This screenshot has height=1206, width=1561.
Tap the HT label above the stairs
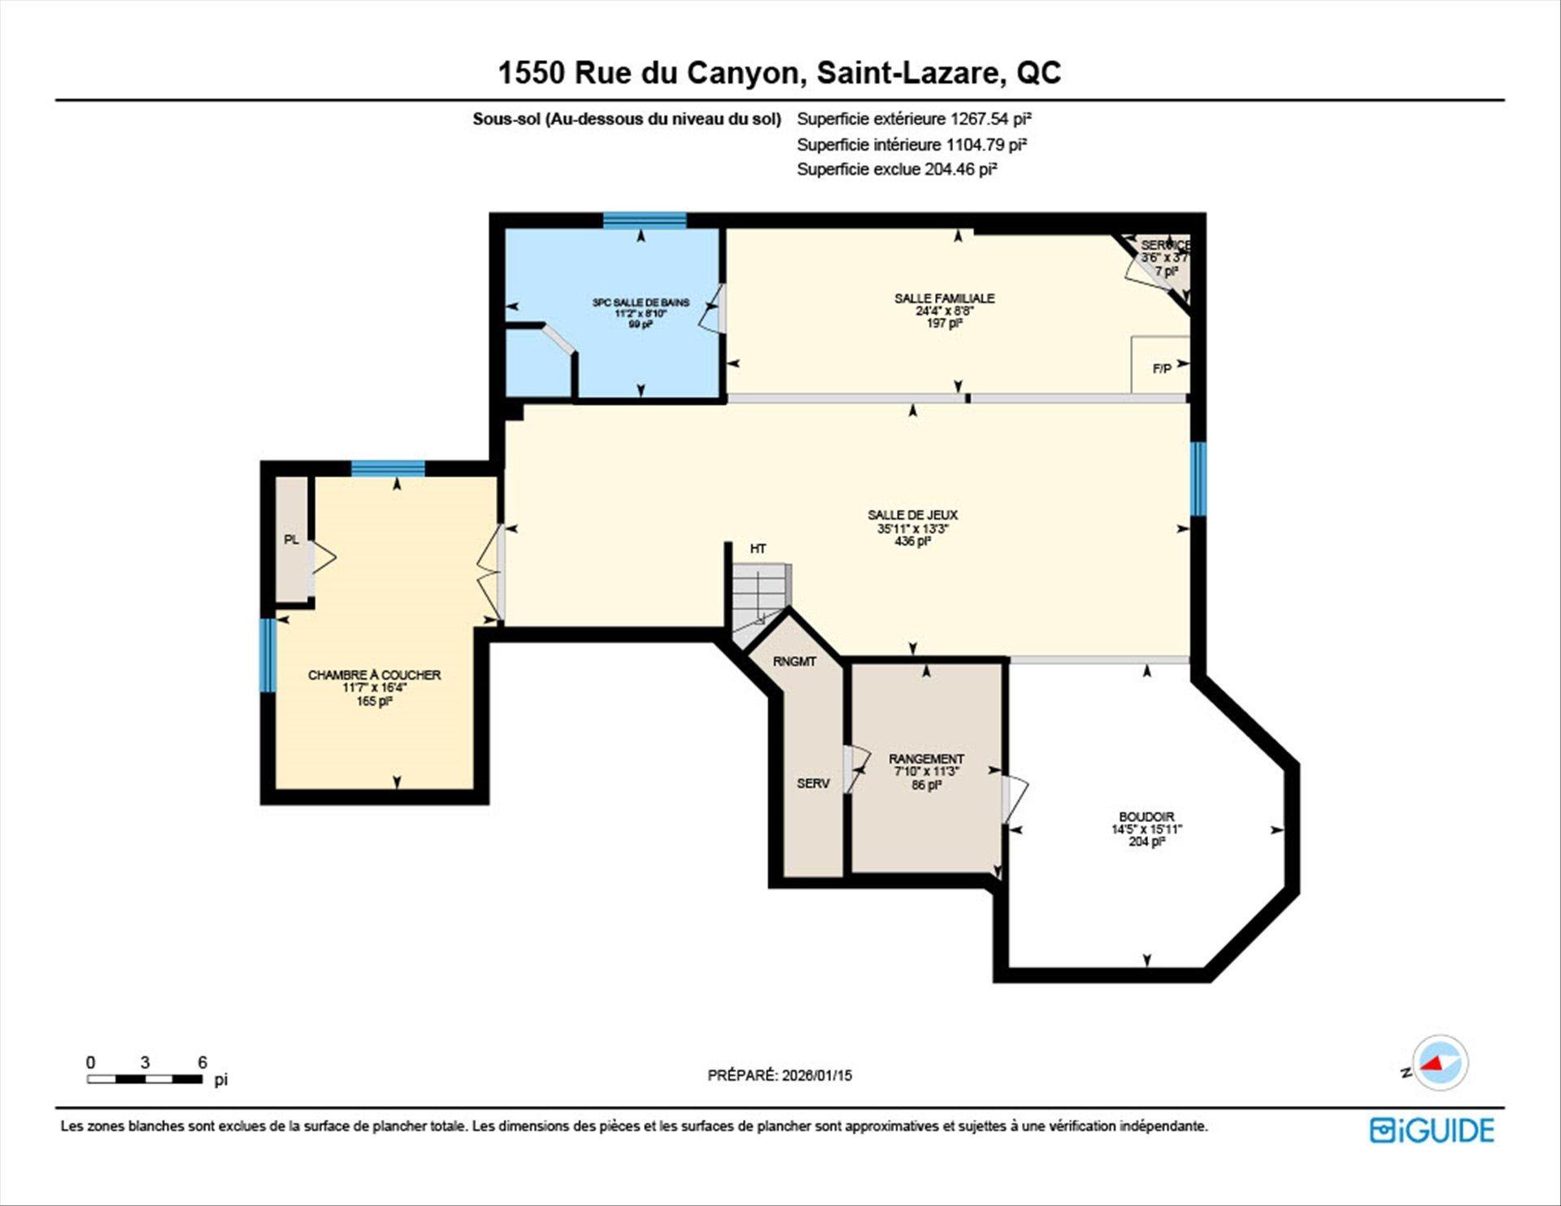[758, 549]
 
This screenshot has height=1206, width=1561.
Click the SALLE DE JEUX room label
[912, 515]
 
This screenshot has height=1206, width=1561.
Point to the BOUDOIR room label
[1146, 816]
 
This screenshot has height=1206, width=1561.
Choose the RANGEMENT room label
[926, 759]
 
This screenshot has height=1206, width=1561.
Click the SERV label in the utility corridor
[813, 784]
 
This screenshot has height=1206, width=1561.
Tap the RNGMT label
[794, 662]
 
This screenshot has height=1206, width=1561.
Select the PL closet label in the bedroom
[291, 539]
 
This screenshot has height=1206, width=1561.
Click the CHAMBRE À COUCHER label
[374, 675]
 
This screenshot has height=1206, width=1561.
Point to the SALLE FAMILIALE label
[945, 298]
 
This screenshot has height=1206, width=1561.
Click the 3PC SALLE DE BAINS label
[641, 303]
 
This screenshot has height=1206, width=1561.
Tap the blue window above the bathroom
[645, 220]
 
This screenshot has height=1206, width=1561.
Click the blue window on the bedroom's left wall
[267, 655]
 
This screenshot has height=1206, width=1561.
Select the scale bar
[145, 1079]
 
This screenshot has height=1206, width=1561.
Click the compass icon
[1441, 1063]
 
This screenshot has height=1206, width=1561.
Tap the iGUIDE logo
[1432, 1130]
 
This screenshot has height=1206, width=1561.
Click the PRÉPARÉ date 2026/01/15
[817, 1075]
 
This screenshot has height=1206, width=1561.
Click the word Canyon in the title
[746, 73]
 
